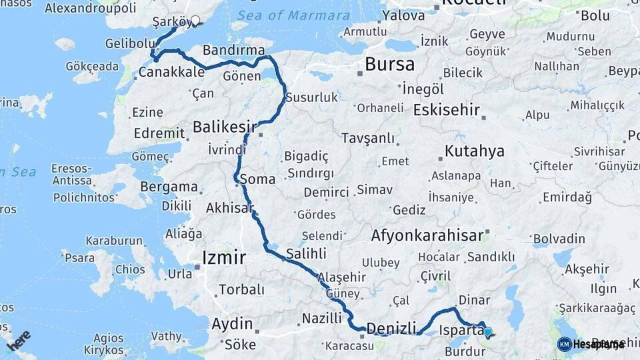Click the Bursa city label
[389, 65]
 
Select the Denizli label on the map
[391, 327]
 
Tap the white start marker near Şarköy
[195, 20]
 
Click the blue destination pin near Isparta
[488, 332]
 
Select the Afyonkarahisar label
[427, 235]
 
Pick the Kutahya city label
[475, 151]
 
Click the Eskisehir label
[447, 109]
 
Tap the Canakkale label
[171, 71]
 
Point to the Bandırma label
[229, 50]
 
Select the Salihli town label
[306, 253]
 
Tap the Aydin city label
[232, 325]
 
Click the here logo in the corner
[19, 340]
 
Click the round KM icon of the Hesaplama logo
[564, 344]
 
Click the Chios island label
[129, 270]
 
